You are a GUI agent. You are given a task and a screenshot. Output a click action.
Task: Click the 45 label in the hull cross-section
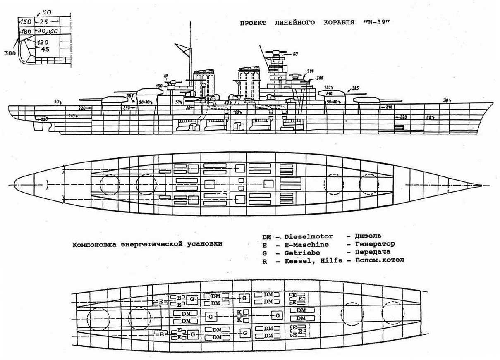click(44, 49)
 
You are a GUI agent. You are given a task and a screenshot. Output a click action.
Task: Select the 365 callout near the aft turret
click(129, 95)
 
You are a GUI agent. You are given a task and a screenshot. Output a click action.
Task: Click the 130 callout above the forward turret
click(329, 87)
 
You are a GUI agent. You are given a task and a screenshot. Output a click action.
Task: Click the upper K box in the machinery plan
click(239, 312)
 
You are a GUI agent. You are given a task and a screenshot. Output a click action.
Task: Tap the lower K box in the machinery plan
click(239, 319)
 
